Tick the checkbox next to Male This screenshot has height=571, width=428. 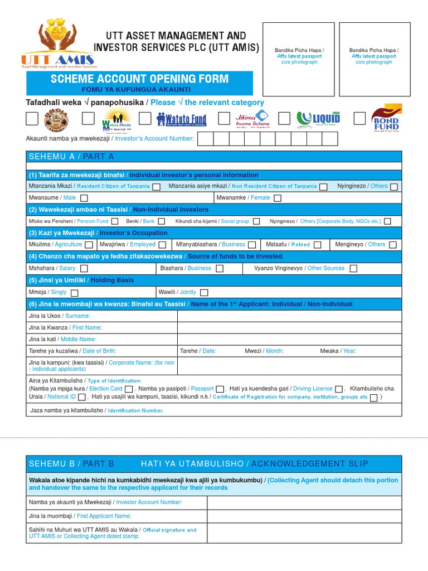coord(84,198)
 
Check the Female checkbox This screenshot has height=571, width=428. coord(277,198)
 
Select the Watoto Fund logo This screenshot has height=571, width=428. coord(181,119)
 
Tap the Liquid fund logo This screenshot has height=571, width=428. coord(318,118)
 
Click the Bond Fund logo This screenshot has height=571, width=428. coord(386,118)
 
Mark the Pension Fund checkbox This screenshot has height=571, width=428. coord(116,221)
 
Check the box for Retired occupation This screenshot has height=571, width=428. coord(317,245)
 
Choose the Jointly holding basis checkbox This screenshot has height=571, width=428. coord(204,292)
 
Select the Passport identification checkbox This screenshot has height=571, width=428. coord(220,389)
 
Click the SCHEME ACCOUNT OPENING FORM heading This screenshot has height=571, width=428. coord(139,79)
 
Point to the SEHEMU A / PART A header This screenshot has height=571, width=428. coord(71,157)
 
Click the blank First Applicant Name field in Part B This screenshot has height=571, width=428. coord(304,516)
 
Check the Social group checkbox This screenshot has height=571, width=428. coord(256,221)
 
